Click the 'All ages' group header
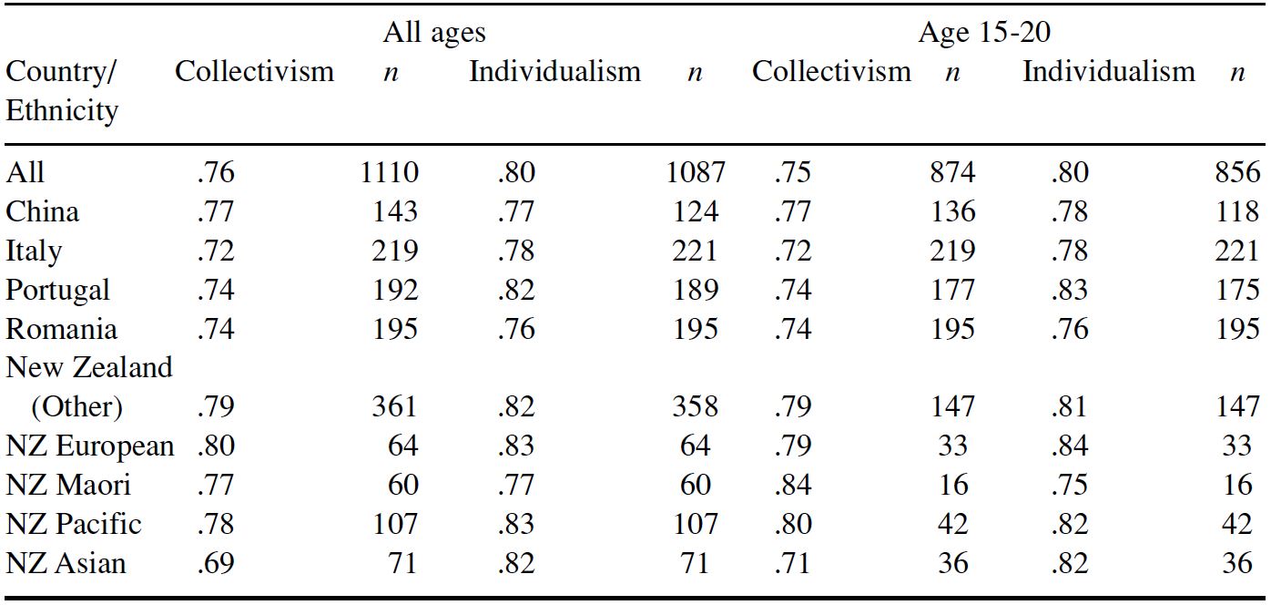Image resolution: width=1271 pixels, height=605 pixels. click(x=433, y=33)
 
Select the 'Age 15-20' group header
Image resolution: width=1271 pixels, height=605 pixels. click(x=984, y=33)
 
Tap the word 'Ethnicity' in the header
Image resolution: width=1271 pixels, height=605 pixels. click(x=62, y=111)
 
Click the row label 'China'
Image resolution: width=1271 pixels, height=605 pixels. click(x=42, y=211)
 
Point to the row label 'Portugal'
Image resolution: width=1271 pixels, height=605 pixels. click(x=57, y=290)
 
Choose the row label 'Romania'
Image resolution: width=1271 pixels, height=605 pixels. click(x=61, y=329)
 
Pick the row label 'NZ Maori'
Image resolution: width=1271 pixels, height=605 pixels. click(x=68, y=485)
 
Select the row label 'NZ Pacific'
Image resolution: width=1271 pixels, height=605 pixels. click(x=74, y=524)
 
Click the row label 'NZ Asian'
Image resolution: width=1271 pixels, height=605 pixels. click(x=66, y=563)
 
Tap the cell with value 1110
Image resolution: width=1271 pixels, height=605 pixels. click(x=390, y=172)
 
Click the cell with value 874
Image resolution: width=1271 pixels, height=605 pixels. click(x=952, y=172)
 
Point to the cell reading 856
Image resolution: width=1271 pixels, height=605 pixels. click(x=1237, y=172)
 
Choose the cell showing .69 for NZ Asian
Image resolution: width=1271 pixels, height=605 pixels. click(x=215, y=563)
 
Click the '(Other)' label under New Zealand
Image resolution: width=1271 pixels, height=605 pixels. click(x=76, y=406)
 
